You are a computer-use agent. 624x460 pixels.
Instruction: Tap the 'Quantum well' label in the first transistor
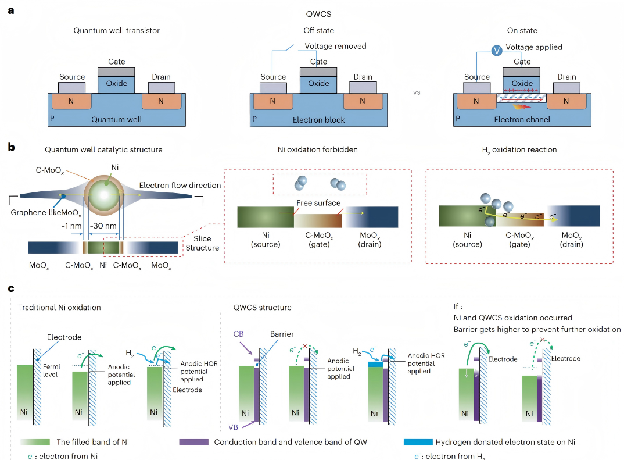point(117,119)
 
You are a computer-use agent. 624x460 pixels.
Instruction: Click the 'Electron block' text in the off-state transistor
point(318,120)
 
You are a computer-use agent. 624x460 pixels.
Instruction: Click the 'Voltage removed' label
point(336,46)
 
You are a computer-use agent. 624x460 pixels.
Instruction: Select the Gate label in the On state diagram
point(522,62)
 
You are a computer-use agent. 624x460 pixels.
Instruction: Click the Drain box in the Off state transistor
point(363,87)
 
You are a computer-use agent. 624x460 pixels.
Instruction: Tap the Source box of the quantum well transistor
point(71,87)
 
